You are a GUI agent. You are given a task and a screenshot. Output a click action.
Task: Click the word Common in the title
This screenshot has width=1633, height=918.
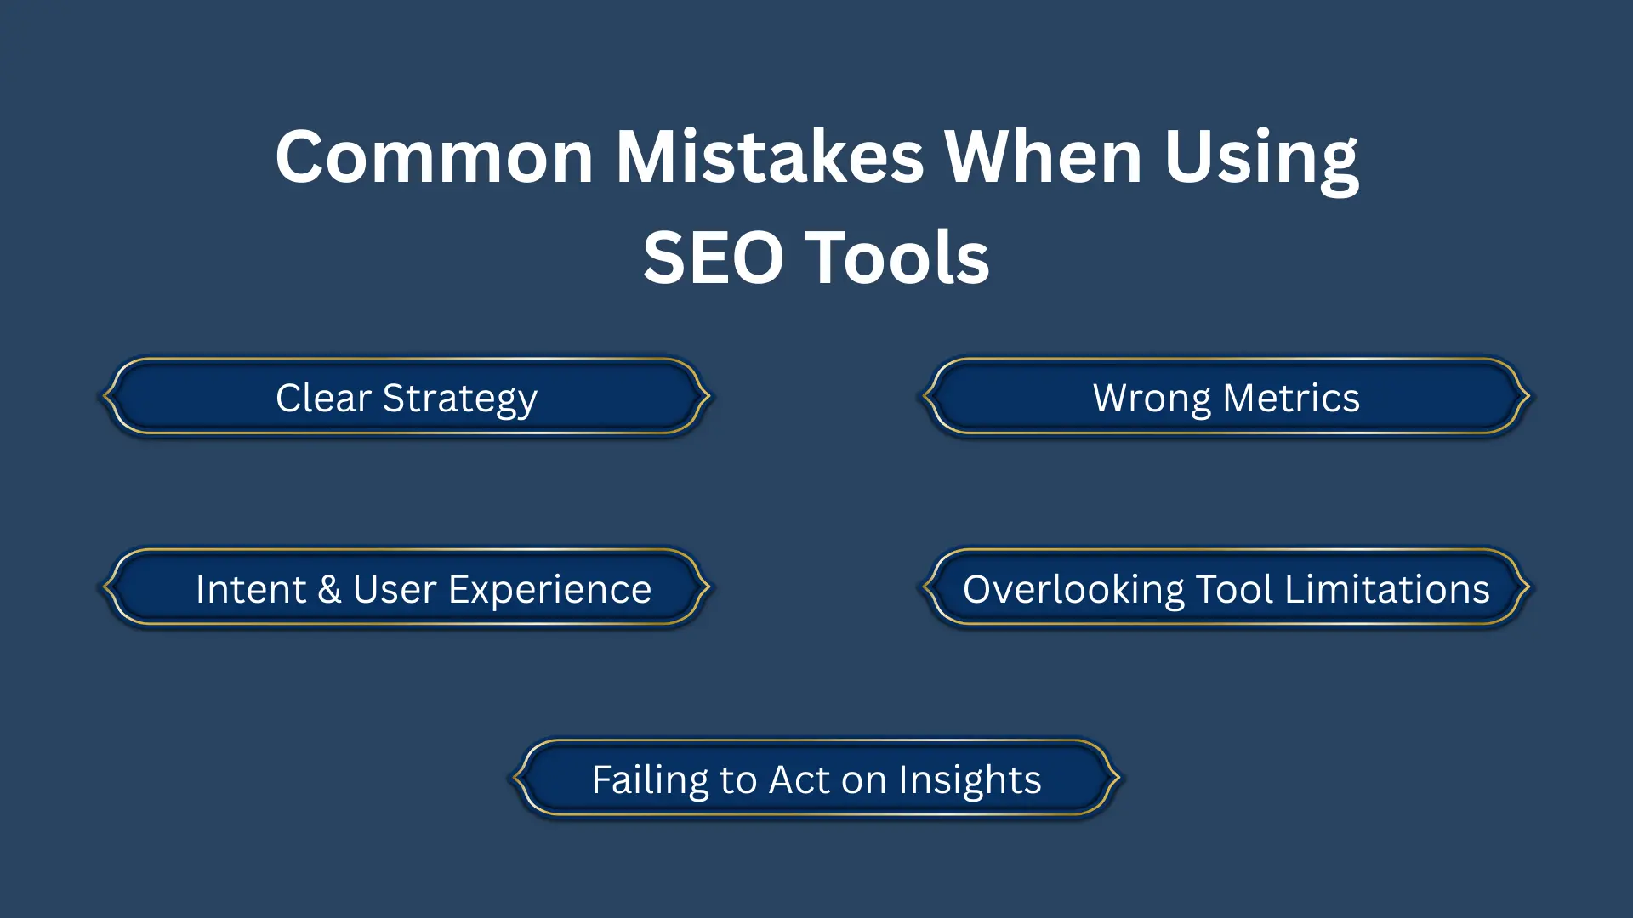[434, 157]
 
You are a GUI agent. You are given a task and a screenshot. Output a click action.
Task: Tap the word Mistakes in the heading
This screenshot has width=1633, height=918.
[769, 157]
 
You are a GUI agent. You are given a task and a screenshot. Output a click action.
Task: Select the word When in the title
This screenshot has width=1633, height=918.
[1043, 157]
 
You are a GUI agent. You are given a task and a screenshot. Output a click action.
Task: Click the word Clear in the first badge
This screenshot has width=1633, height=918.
[323, 398]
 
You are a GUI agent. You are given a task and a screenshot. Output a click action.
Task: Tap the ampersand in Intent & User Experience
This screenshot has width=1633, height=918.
[329, 589]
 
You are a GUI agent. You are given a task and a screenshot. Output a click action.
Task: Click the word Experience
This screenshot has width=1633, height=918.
[549, 589]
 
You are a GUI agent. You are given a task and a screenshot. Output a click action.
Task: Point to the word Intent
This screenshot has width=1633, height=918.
[250, 589]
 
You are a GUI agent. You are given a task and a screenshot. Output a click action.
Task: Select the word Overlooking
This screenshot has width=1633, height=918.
[1073, 589]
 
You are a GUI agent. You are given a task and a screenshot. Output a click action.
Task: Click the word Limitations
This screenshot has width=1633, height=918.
[1386, 589]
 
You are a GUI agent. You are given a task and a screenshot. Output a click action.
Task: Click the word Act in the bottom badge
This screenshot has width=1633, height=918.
[799, 780]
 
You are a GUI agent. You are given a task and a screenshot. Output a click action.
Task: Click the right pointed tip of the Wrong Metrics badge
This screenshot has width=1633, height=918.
[1528, 395]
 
